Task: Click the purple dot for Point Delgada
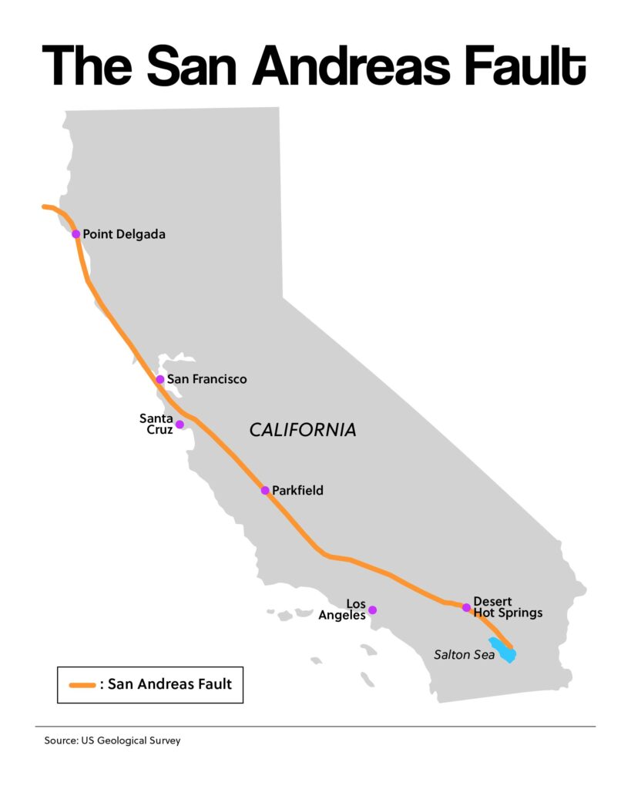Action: [x=76, y=233]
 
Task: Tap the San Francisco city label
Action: [x=206, y=379]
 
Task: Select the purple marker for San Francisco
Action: [x=160, y=379]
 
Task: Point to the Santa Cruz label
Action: [x=156, y=424]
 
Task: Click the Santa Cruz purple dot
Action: [x=180, y=425]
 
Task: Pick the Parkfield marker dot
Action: [x=265, y=490]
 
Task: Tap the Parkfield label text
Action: [x=297, y=490]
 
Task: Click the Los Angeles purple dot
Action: [x=372, y=609]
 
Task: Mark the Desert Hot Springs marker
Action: [x=466, y=607]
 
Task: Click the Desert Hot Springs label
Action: [x=508, y=607]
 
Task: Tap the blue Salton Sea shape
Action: [x=504, y=650]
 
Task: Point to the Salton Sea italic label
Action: [x=464, y=655]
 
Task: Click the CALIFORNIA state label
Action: [x=303, y=430]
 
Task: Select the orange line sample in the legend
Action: [x=81, y=684]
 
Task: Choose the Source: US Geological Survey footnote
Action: [x=112, y=741]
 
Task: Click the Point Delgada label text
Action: [x=123, y=233]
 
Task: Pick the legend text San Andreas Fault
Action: [x=169, y=683]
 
